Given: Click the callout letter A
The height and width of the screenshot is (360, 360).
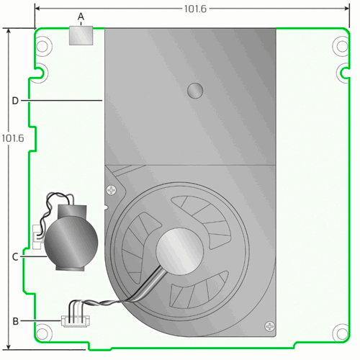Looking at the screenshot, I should [x=81, y=16].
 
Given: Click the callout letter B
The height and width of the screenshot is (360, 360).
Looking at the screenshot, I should [x=15, y=320].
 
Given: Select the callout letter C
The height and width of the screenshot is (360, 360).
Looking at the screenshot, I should [x=15, y=256].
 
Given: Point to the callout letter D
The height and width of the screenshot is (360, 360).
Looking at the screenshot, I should [x=15, y=101].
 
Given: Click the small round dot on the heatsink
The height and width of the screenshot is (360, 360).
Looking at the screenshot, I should [x=194, y=90].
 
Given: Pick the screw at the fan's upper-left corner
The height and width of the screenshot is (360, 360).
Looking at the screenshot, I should [x=110, y=191].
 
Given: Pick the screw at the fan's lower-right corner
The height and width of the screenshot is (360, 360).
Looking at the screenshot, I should [x=269, y=325].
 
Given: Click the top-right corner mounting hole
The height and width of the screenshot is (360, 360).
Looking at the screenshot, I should [x=340, y=45].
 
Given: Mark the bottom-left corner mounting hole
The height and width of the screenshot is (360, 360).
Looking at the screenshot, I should [x=43, y=333].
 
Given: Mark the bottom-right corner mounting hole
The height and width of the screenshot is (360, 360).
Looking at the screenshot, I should [x=339, y=333].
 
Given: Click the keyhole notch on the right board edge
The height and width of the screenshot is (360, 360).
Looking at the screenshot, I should [x=342, y=71].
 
